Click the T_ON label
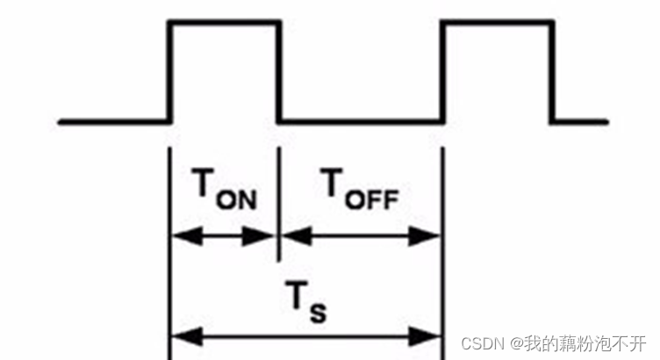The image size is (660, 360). tap(223, 190)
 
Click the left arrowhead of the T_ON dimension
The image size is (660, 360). tap(179, 235)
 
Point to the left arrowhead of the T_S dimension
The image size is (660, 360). tap(179, 335)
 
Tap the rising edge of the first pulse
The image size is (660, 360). tap(169, 70)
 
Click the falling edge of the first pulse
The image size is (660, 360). tap(279, 70)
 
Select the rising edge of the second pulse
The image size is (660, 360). tap(441, 70)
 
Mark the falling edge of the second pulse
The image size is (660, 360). tap(552, 70)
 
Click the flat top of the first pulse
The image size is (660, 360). tap(224, 22)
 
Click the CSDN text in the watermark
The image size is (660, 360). tap(479, 341)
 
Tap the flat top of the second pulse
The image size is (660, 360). tap(497, 22)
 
